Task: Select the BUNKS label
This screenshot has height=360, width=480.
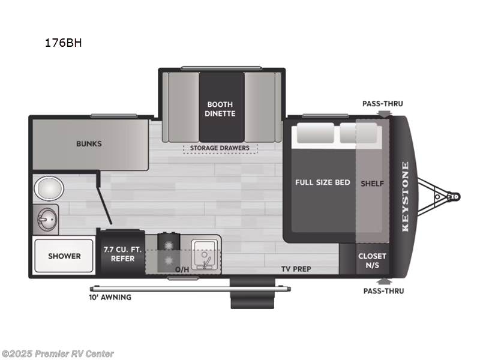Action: pos(89,144)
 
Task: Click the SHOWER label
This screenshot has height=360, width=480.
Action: pos(64,256)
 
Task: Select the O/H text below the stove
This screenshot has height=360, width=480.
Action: pos(182,269)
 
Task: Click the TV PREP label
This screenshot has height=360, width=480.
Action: pos(297,269)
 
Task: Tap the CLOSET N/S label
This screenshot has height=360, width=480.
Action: pos(372,260)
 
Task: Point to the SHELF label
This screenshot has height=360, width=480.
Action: pos(372,183)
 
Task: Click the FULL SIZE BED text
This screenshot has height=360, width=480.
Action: pos(322,182)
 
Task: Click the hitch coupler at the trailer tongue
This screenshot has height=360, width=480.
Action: pos(454,196)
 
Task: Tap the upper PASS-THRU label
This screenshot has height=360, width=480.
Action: pos(382,103)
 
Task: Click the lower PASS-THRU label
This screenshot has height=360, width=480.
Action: pos(383,291)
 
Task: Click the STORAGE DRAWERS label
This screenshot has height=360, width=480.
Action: pos(220,148)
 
